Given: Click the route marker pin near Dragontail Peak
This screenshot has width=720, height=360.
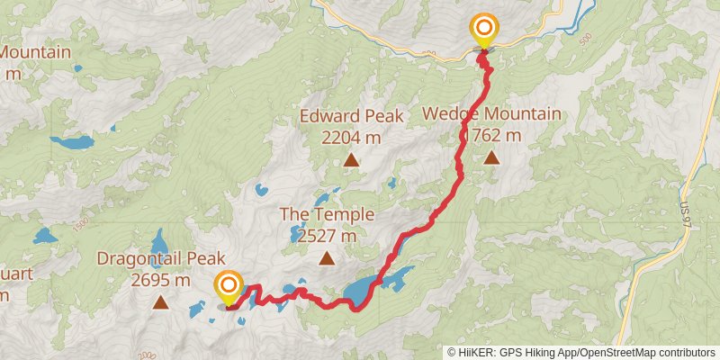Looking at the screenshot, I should tap(229, 288).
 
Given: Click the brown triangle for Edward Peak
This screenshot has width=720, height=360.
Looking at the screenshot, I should tap(350, 160).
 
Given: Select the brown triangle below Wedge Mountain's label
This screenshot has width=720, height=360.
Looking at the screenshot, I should tap(491, 158).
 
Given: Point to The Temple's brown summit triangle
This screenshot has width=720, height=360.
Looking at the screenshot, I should tap(327, 259).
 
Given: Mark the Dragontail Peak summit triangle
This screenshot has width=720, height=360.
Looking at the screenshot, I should tap(160, 302).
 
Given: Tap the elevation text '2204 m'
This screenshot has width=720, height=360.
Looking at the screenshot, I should tap(351, 138).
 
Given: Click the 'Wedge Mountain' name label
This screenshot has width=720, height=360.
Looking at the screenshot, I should tap(491, 114).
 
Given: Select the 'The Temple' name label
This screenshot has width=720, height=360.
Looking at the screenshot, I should tap(326, 214).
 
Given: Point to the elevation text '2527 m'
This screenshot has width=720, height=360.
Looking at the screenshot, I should tap(326, 236).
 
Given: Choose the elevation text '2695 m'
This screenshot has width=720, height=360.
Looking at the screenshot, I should tap(160, 280).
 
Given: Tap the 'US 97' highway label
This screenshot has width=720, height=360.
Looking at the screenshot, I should tap(686, 213).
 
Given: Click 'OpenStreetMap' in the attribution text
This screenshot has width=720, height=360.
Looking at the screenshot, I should tap(620, 352).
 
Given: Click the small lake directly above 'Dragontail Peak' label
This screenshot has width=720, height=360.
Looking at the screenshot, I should tap(158, 241).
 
